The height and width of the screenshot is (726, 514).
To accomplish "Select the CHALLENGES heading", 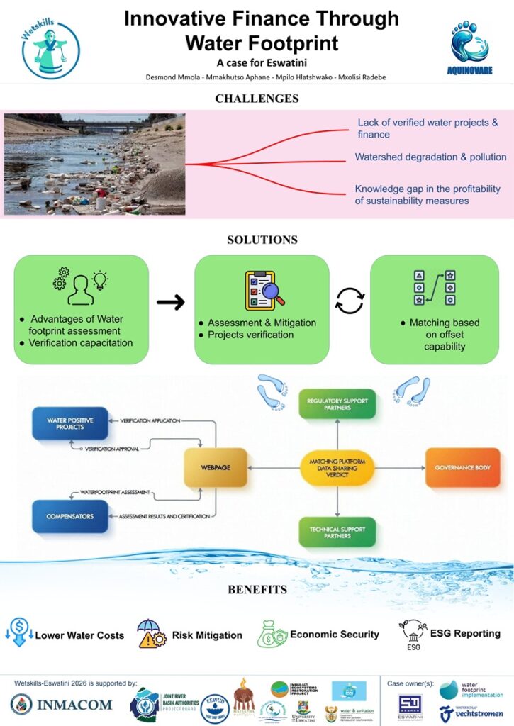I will (257, 98).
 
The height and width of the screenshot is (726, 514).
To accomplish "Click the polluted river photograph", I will (94, 163).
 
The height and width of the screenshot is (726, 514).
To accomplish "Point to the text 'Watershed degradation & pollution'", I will (430, 157).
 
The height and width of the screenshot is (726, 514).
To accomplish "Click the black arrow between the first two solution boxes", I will (171, 303).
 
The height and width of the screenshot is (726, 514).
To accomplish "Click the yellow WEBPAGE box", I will (215, 467).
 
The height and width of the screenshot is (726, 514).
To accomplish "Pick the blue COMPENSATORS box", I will (70, 516).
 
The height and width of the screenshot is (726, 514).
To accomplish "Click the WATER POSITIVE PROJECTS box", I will (70, 423).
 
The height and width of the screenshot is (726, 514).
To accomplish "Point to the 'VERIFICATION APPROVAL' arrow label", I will (114, 449).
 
